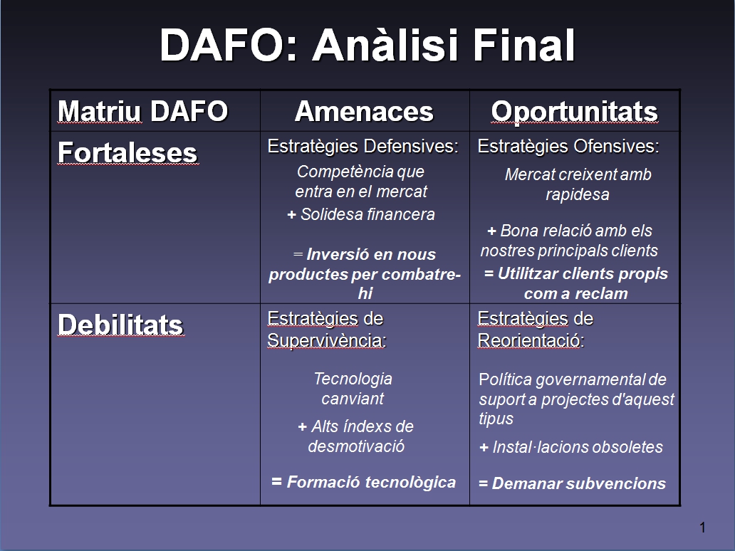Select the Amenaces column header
pos(364,111)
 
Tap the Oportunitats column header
pos(574,111)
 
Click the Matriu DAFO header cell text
pos(142,111)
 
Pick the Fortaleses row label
pos(127,152)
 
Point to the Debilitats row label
pos(120,325)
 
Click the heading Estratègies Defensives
pos(363,147)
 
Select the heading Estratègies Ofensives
pos(568,147)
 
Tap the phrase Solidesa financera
pos(367,214)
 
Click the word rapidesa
pos(578,194)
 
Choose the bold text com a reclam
pos(575,293)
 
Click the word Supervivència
pos(326,341)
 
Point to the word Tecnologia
pos(353,379)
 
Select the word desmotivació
pos(356,446)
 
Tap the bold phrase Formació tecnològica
pos(370,482)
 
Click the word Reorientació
pos(529,341)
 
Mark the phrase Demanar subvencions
pos(578,484)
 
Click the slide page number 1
pos(702,528)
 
